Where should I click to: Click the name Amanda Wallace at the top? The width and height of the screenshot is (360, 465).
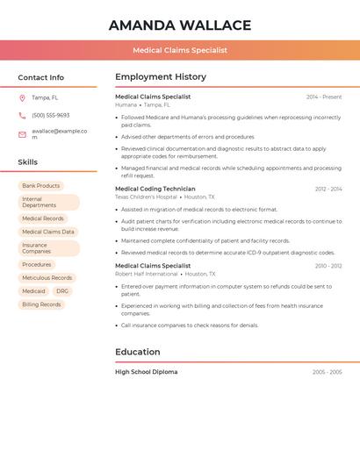point(180,25)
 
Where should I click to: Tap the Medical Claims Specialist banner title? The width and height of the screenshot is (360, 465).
point(180,50)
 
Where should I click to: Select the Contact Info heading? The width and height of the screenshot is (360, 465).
point(41,77)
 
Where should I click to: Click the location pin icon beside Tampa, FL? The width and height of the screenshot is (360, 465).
point(22,98)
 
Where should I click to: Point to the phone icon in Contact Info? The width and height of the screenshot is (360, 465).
point(22,115)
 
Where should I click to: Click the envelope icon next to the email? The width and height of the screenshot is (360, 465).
point(22,133)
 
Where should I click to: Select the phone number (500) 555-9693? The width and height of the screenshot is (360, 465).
point(50,115)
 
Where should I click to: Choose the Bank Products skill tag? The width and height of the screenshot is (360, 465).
point(41,186)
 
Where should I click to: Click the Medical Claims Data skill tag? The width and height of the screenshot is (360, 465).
point(48,232)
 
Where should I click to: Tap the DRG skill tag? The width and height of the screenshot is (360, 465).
point(62,290)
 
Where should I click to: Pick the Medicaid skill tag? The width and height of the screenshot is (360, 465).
point(33,290)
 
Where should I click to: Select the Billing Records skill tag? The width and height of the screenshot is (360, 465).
point(41,304)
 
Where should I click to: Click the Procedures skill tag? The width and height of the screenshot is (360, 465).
point(37,264)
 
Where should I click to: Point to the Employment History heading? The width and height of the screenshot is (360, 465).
point(161,77)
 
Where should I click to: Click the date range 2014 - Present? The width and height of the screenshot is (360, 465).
point(324,97)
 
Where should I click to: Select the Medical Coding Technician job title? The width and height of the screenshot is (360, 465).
point(155,189)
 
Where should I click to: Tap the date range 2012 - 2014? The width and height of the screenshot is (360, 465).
point(328,189)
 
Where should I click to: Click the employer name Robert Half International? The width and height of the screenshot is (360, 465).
point(146,273)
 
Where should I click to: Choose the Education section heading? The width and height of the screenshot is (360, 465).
point(138,352)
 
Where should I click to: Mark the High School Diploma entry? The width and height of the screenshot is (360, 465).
point(146,372)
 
